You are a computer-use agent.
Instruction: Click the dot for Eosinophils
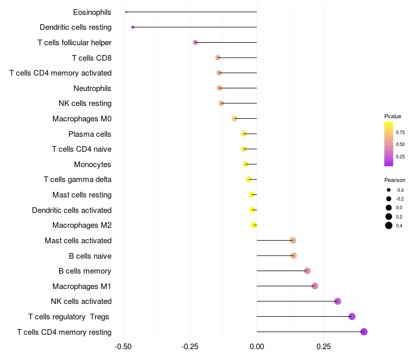click(126, 12)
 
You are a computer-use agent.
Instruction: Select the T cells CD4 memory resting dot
click(364, 332)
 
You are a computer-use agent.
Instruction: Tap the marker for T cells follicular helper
click(195, 42)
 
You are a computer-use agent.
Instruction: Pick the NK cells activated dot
click(338, 301)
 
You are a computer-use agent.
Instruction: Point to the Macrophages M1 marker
click(315, 286)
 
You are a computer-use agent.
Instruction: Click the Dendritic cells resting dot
click(133, 27)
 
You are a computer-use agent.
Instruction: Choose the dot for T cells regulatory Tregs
click(352, 316)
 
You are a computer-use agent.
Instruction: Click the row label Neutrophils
click(92, 88)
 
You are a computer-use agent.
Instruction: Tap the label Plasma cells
click(90, 134)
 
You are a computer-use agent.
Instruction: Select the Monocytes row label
click(92, 165)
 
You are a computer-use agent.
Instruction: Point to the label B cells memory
click(85, 271)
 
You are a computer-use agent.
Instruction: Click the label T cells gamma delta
click(78, 179)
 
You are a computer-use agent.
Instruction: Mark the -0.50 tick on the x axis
click(123, 347)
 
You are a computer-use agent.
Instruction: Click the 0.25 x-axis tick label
click(324, 347)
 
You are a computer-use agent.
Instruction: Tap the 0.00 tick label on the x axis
click(257, 347)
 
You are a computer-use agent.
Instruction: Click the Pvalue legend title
click(393, 116)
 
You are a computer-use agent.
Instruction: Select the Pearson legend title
click(395, 181)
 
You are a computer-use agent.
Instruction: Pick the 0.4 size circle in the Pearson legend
click(389, 225)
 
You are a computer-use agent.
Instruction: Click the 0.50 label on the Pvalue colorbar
click(400, 145)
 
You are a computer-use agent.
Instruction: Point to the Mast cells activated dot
click(293, 240)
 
